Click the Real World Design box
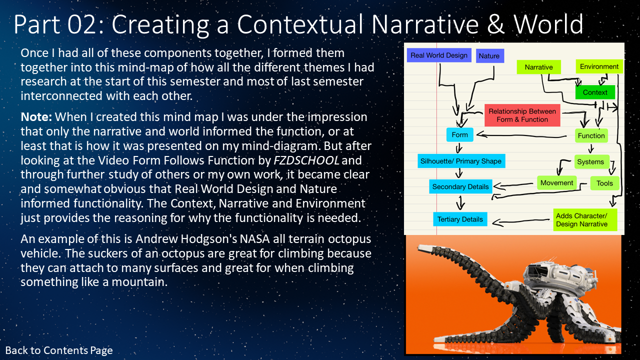click(x=439, y=55)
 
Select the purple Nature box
click(x=489, y=55)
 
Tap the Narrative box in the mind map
click(x=538, y=67)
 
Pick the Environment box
click(x=599, y=66)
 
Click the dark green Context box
click(x=595, y=92)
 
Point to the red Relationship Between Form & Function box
click(x=522, y=115)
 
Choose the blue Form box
click(x=459, y=134)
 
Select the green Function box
click(x=591, y=135)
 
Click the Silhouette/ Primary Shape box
click(x=461, y=161)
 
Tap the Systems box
click(x=591, y=161)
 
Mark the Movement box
click(x=557, y=183)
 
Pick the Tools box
click(x=604, y=183)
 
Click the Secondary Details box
click(x=460, y=186)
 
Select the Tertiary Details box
click(x=460, y=219)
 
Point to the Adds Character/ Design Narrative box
click(x=585, y=219)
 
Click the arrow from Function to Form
click(x=521, y=135)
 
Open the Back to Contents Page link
click(x=59, y=350)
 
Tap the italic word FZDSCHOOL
click(x=306, y=160)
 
